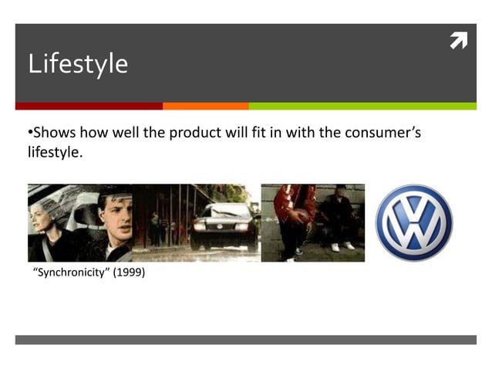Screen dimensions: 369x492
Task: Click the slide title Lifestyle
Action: (x=78, y=63)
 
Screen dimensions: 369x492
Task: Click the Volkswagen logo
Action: (x=413, y=222)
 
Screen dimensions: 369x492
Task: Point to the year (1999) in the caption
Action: (x=129, y=273)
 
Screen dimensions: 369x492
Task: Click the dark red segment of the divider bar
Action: (x=89, y=106)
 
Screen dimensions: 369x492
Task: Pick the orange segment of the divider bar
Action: (x=205, y=106)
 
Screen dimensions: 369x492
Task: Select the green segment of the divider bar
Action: (x=362, y=106)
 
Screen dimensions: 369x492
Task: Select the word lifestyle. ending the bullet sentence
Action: (x=54, y=153)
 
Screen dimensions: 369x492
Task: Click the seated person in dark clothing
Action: (x=339, y=220)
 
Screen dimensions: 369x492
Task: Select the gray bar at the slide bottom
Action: (x=245, y=340)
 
